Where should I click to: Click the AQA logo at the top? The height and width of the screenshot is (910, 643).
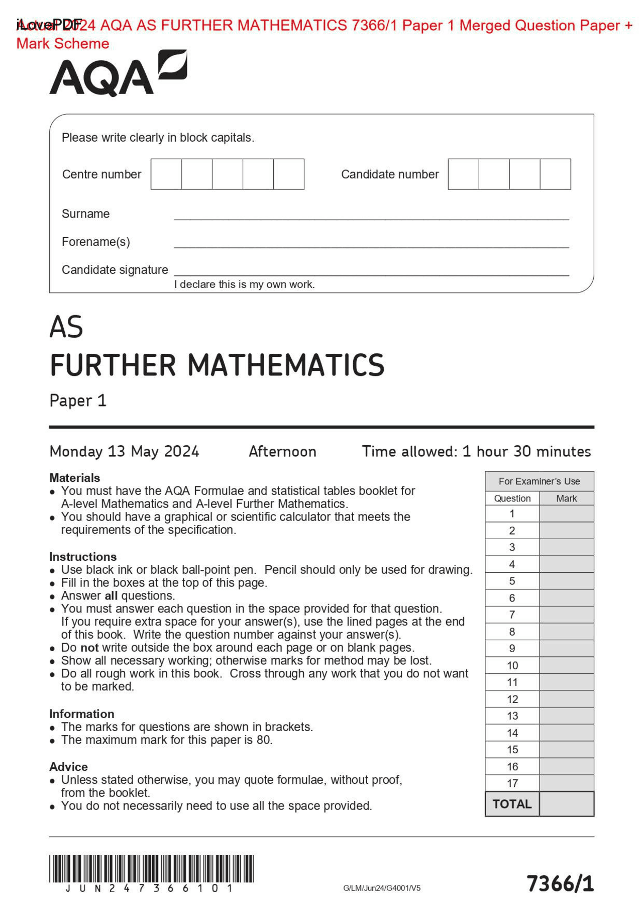pos(118,73)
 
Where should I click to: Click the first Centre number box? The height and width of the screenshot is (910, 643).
pos(166,174)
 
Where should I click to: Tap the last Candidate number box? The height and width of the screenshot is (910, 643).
pos(555,174)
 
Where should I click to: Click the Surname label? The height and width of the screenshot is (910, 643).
pos(85,214)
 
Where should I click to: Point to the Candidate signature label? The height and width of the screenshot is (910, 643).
pos(115,270)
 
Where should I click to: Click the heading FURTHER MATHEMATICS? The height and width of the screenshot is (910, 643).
pos(217,365)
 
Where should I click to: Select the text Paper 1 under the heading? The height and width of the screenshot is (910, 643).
pos(78,400)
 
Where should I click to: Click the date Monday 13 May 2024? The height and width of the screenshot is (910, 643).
pos(124,451)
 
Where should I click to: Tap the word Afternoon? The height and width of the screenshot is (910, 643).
pos(282,451)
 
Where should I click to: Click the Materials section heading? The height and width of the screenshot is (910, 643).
pos(74,477)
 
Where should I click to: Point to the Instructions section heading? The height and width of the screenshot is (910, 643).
pos(82,556)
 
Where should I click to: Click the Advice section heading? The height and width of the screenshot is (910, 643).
pos(68,766)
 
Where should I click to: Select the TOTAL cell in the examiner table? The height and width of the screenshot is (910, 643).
pos(512,804)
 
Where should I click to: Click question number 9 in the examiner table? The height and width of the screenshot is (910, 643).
pos(512,648)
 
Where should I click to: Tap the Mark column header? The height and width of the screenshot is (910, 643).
pos(566,498)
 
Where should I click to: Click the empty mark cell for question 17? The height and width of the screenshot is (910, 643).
pos(566,783)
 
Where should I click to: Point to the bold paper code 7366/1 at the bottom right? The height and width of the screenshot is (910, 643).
pos(560,883)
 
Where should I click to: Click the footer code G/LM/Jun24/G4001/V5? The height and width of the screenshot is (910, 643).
pos(382,888)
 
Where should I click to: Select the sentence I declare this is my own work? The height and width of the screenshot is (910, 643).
pos(244,284)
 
